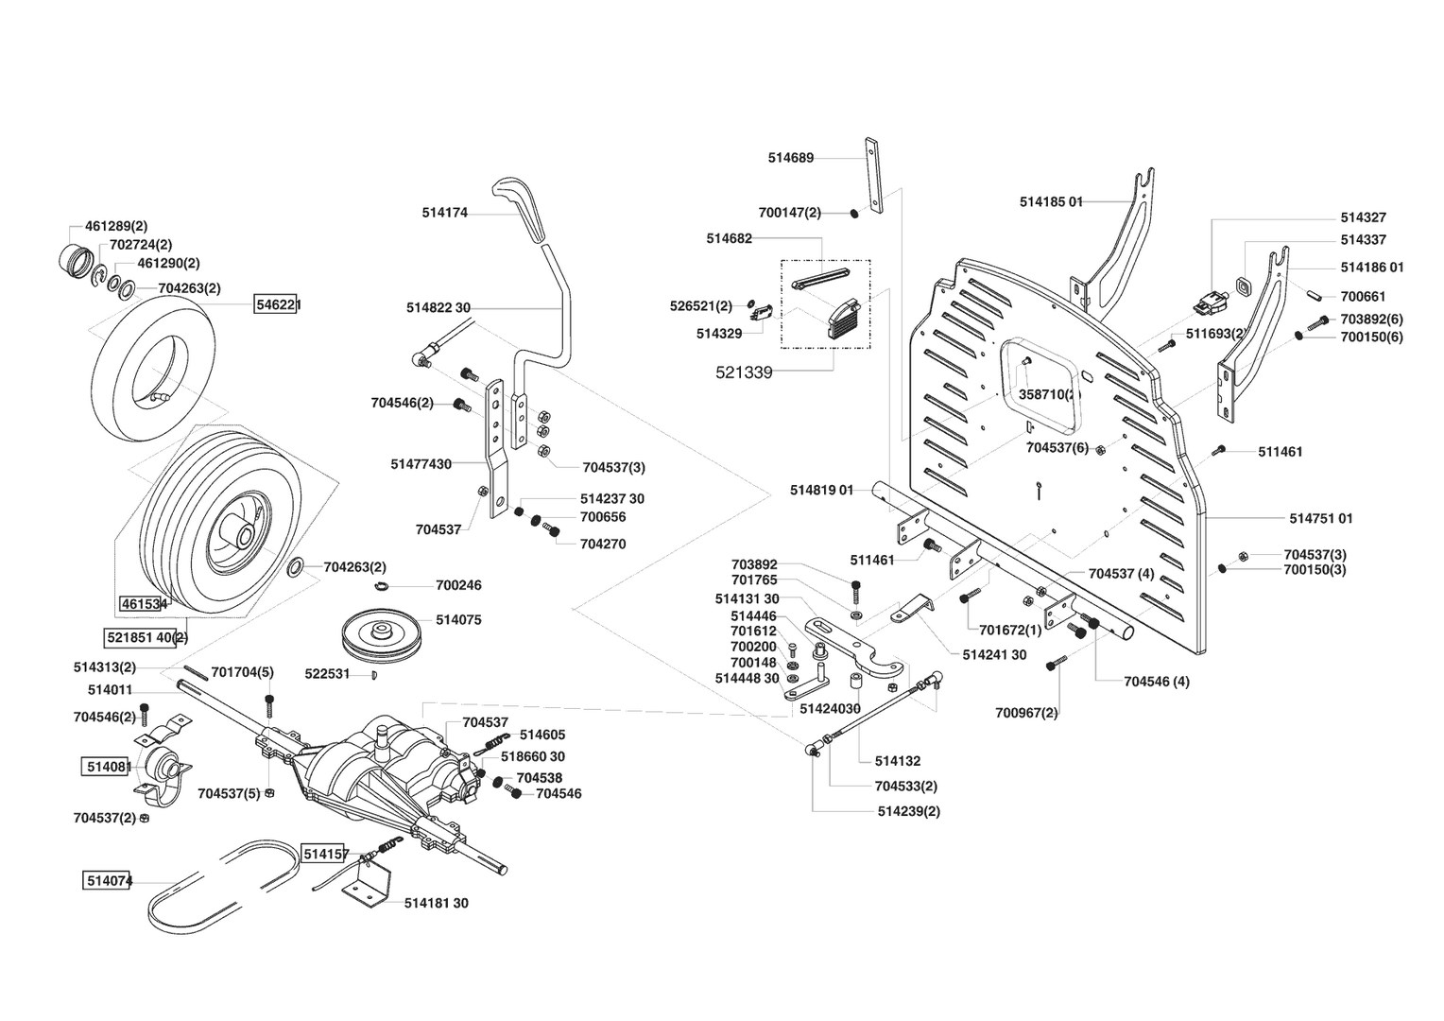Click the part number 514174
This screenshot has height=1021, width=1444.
tap(444, 214)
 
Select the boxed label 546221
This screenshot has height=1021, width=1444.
tap(275, 304)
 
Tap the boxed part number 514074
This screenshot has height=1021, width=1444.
tap(108, 881)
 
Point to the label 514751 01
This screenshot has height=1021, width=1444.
tap(1320, 518)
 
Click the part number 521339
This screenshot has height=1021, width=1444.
tap(744, 372)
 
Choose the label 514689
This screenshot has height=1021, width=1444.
tap(790, 159)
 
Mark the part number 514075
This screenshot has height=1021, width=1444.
tap(458, 620)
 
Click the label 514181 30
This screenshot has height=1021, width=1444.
tap(436, 903)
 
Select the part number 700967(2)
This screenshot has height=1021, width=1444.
tap(1026, 712)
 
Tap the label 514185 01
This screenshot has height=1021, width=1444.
tap(1051, 201)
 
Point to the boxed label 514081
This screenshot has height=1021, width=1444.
tap(107, 767)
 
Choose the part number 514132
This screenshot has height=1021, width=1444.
tap(897, 760)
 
